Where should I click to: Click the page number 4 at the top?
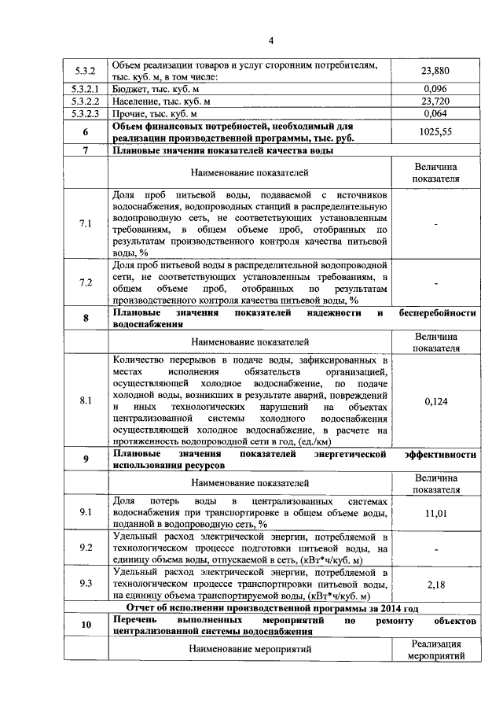pyautogui.click(x=270, y=41)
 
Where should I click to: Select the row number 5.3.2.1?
pyautogui.click(x=84, y=89)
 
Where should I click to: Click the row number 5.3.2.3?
pyautogui.click(x=84, y=113)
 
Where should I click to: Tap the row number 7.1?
pyautogui.click(x=86, y=224)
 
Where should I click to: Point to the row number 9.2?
pyautogui.click(x=86, y=548)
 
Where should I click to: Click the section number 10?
pyautogui.click(x=86, y=625)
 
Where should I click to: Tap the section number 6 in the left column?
pyautogui.click(x=86, y=132)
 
